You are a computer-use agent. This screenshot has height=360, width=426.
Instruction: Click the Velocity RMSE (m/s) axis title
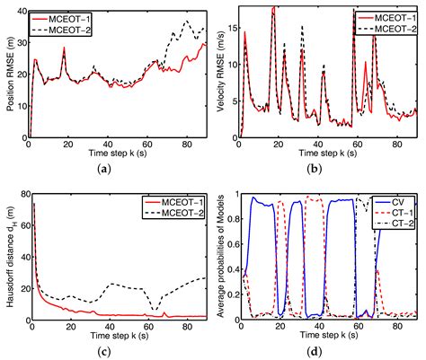click(222, 72)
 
